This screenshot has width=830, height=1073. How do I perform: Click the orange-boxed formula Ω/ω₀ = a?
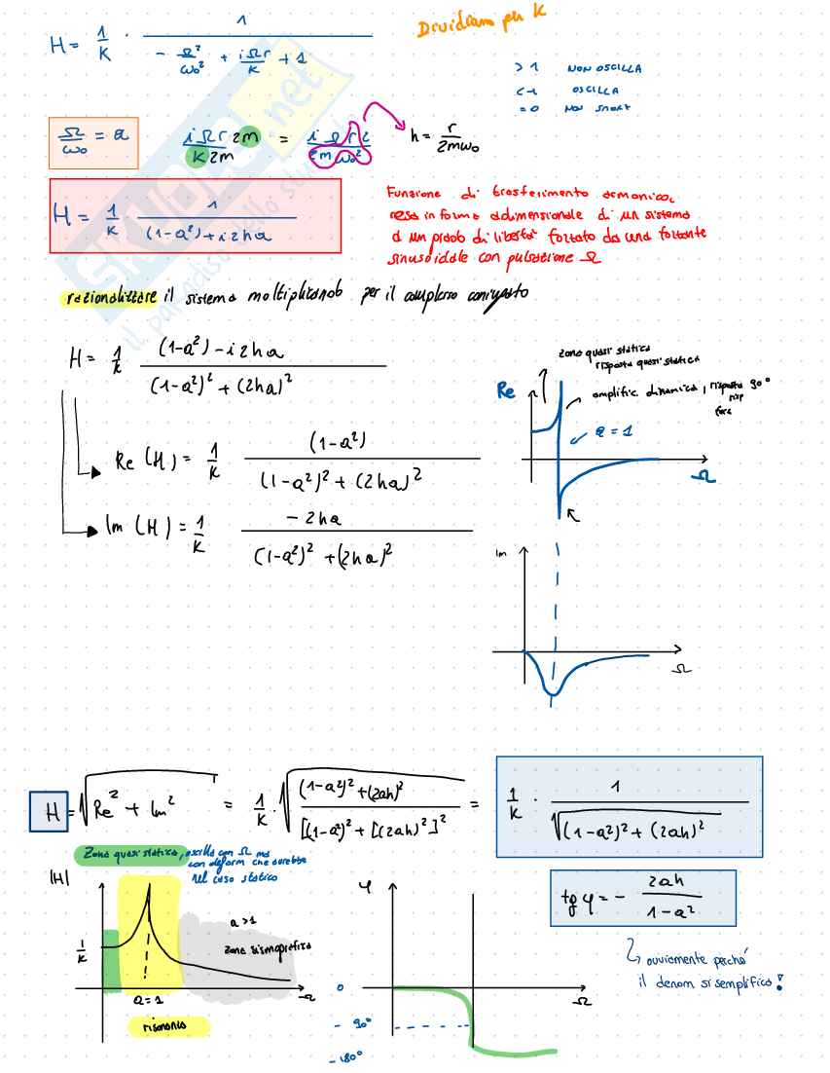92,143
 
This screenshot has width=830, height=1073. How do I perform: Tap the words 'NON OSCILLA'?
603,69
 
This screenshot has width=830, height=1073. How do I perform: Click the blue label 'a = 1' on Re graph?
613,432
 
